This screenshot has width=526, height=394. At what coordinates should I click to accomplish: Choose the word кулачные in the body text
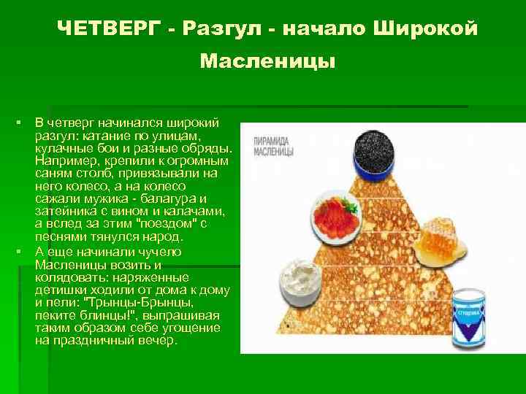click(x=65, y=148)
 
